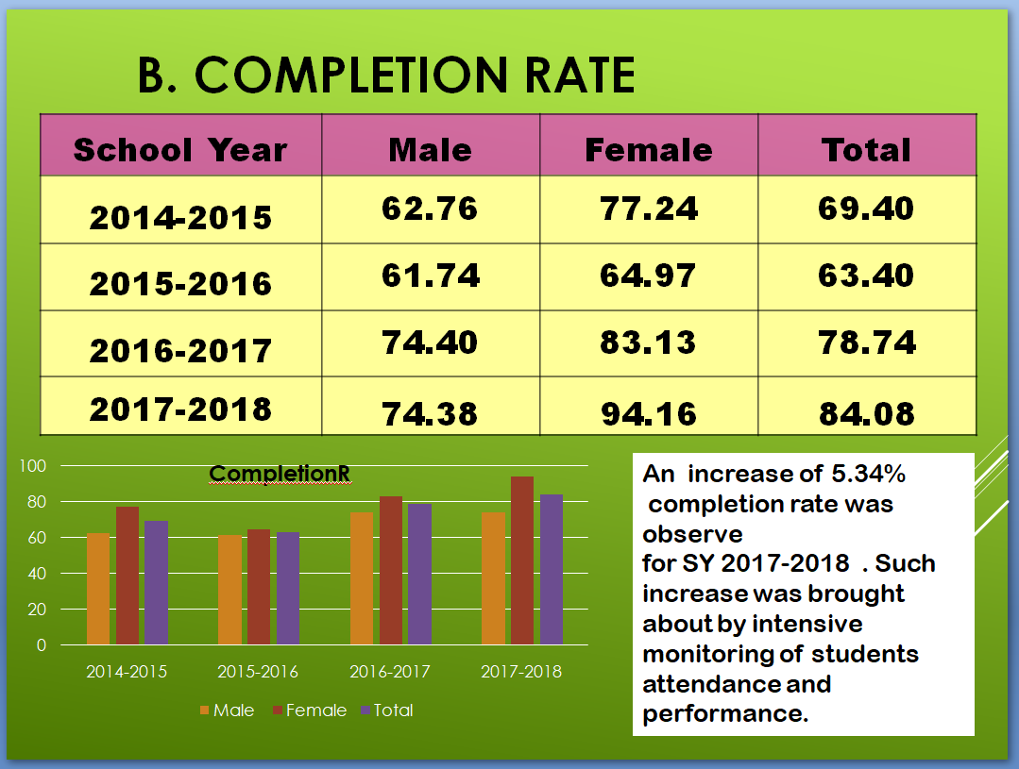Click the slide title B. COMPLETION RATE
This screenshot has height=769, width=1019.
(x=386, y=75)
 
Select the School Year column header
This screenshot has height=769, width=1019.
(x=180, y=150)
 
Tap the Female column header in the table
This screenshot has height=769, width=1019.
(x=649, y=150)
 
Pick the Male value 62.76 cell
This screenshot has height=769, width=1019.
(x=430, y=209)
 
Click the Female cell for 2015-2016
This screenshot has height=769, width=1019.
(x=648, y=276)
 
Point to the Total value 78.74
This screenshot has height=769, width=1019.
(x=867, y=343)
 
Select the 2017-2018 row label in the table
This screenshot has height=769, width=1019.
(x=180, y=410)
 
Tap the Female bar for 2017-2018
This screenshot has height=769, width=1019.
(x=522, y=560)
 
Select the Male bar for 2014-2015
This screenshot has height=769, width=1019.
(x=98, y=589)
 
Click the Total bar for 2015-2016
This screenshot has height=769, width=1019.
(x=288, y=589)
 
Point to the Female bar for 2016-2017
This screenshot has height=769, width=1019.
(x=391, y=570)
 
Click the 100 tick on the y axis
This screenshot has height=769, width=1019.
(x=32, y=466)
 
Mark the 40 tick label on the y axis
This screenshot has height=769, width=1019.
(x=37, y=574)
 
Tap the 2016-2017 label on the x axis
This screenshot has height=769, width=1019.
(x=390, y=672)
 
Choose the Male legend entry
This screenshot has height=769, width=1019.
(x=228, y=710)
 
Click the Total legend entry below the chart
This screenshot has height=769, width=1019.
(x=387, y=710)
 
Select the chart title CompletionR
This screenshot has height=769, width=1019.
(x=280, y=474)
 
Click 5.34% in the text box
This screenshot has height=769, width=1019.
(x=868, y=474)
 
